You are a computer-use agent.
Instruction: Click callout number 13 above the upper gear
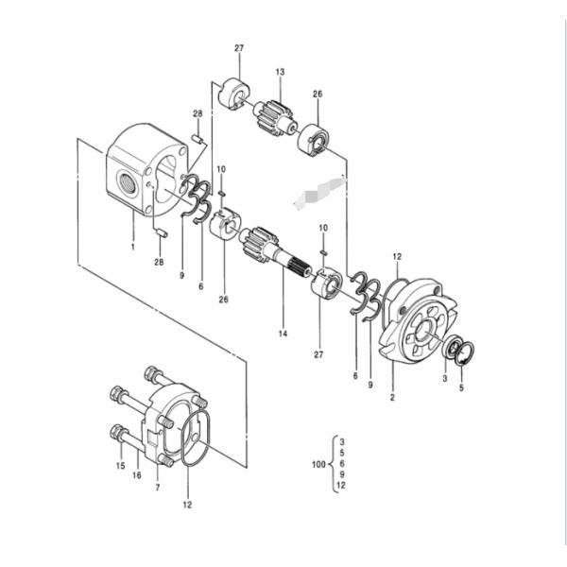pyautogui.click(x=280, y=72)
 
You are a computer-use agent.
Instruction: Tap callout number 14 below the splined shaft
pyautogui.click(x=283, y=334)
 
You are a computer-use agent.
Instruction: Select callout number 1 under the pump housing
pyautogui.click(x=132, y=247)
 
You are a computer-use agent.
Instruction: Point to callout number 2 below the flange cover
pyautogui.click(x=392, y=397)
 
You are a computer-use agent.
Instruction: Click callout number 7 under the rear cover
pyautogui.click(x=157, y=488)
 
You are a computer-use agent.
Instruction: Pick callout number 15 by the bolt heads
pyautogui.click(x=120, y=466)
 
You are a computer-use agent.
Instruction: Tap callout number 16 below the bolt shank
pyautogui.click(x=137, y=475)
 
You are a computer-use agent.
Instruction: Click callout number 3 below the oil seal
pyautogui.click(x=445, y=378)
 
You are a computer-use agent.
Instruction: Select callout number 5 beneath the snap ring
pyautogui.click(x=461, y=388)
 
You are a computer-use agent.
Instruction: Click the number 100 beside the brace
pyautogui.click(x=318, y=464)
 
